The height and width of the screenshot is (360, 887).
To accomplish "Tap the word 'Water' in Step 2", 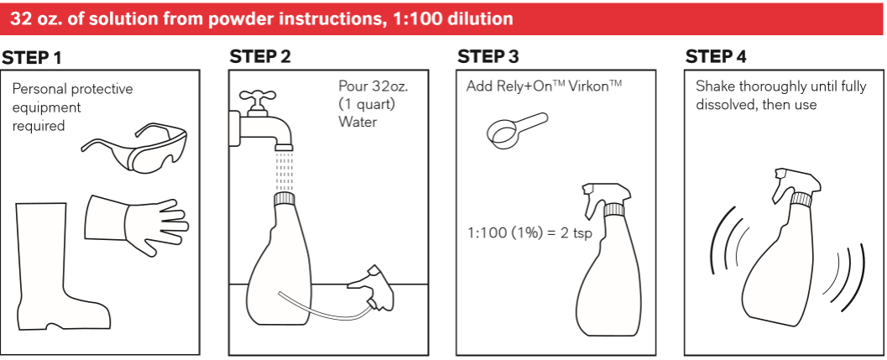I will [357, 122].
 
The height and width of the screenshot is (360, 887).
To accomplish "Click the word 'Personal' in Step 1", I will [37, 89].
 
